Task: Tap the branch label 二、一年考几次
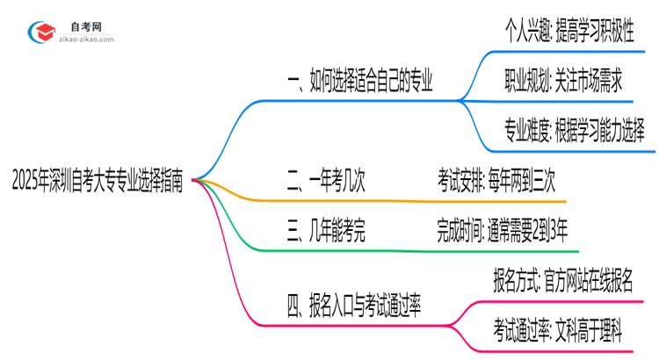pyautogui.click(x=326, y=182)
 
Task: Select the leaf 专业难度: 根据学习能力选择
pyautogui.click(x=573, y=132)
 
